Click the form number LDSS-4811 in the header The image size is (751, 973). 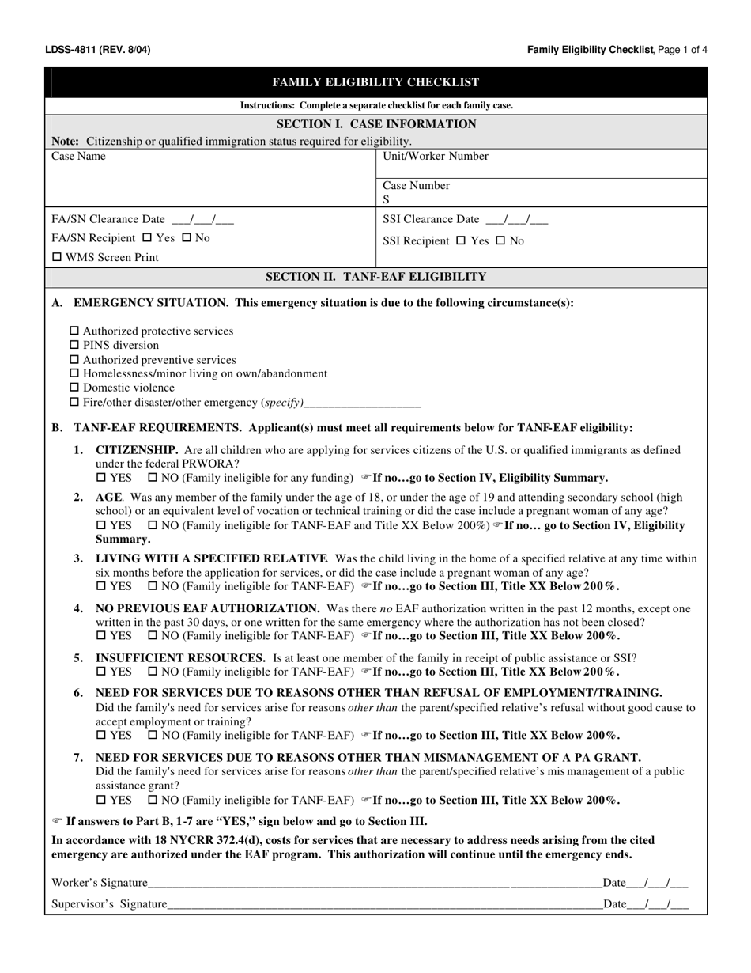[x=71, y=50]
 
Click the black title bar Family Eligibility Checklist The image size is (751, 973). [x=375, y=82]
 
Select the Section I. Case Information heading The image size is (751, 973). [x=375, y=124]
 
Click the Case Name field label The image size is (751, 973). [x=78, y=157]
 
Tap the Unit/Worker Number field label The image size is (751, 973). [x=436, y=157]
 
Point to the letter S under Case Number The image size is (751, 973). [x=387, y=200]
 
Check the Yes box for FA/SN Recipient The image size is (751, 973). [x=147, y=238]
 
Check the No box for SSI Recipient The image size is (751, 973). [x=500, y=241]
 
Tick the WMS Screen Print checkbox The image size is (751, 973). [x=57, y=258]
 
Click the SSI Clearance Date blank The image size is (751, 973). [x=517, y=220]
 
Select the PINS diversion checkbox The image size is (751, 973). [x=76, y=346]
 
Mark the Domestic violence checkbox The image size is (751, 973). [x=76, y=388]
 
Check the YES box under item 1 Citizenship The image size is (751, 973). [x=101, y=478]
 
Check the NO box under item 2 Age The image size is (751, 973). [x=153, y=525]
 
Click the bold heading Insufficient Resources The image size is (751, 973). [x=180, y=657]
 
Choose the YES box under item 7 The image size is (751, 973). [x=101, y=800]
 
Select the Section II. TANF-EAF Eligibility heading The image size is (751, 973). [x=375, y=277]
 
